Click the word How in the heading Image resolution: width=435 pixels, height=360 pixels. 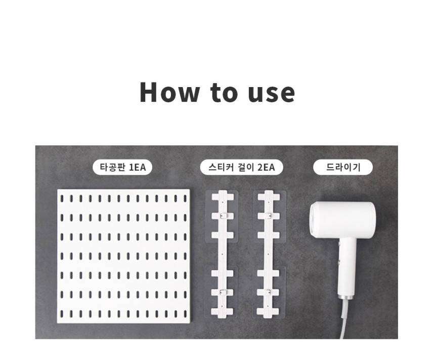169,93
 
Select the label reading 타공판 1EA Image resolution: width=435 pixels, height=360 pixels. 122,167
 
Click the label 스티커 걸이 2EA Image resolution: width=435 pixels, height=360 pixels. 241,167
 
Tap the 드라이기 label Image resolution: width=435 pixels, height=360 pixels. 343,167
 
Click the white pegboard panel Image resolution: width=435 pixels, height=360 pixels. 123,256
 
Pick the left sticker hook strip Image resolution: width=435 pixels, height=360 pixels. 222,254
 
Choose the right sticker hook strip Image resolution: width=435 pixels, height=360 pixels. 268,254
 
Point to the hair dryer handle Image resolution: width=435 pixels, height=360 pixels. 345,267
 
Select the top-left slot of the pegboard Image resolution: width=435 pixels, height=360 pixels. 62,198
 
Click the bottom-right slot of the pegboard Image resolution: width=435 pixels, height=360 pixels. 185,314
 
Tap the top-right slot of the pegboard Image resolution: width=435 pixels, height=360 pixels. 185,198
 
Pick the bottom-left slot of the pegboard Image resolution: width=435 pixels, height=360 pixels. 62,314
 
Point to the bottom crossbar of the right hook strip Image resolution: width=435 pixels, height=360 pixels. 268,311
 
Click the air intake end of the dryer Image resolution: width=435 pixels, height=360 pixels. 313,220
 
